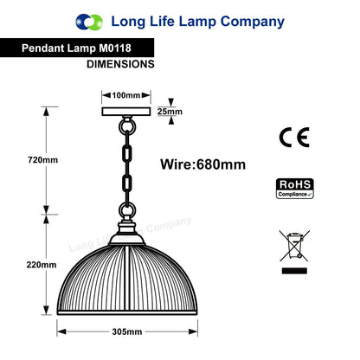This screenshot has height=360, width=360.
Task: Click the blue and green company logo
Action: [x=89, y=22]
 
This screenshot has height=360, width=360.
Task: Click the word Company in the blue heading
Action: [x=253, y=22]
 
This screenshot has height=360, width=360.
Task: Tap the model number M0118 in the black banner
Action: [x=115, y=48]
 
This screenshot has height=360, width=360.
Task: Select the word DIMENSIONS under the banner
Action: [x=120, y=64]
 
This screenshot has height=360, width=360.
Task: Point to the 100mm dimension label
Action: [x=126, y=95]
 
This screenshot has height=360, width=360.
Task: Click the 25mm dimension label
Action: [x=170, y=112]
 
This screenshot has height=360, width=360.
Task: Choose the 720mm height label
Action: [x=43, y=160]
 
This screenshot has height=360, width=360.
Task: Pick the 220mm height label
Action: [x=42, y=265]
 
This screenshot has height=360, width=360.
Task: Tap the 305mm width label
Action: [x=127, y=331]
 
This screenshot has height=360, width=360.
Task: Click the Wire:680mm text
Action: [x=203, y=164]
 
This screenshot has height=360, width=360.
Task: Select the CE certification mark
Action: [x=294, y=138]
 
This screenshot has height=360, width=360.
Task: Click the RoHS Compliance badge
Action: [x=295, y=189]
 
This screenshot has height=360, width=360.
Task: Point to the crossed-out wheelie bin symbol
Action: [x=294, y=246]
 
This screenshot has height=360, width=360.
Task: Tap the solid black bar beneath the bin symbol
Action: [x=294, y=271]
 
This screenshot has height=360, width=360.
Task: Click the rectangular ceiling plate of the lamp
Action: [x=126, y=112]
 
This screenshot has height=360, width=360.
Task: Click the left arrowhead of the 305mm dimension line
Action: [x=61, y=331]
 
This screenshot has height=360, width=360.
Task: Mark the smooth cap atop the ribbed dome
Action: [x=127, y=239]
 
